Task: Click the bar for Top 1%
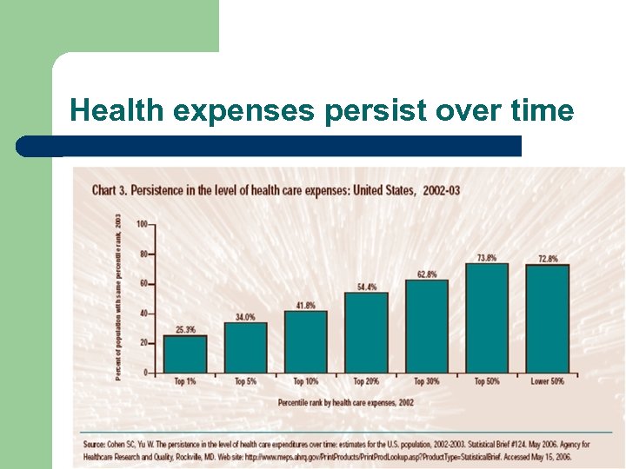click(x=185, y=353)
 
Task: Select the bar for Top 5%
click(x=246, y=347)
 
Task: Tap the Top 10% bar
click(x=306, y=341)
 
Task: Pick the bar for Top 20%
click(x=366, y=332)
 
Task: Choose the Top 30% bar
click(x=426, y=326)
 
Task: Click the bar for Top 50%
click(x=487, y=317)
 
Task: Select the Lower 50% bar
click(x=547, y=318)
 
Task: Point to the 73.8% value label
click(x=487, y=258)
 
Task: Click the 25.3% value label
click(x=185, y=330)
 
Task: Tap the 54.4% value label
click(x=366, y=287)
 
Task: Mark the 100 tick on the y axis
click(x=141, y=224)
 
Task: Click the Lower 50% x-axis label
click(x=547, y=381)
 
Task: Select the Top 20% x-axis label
click(x=366, y=381)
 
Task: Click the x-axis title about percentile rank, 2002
click(x=346, y=402)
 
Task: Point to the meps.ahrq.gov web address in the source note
click(x=322, y=456)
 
